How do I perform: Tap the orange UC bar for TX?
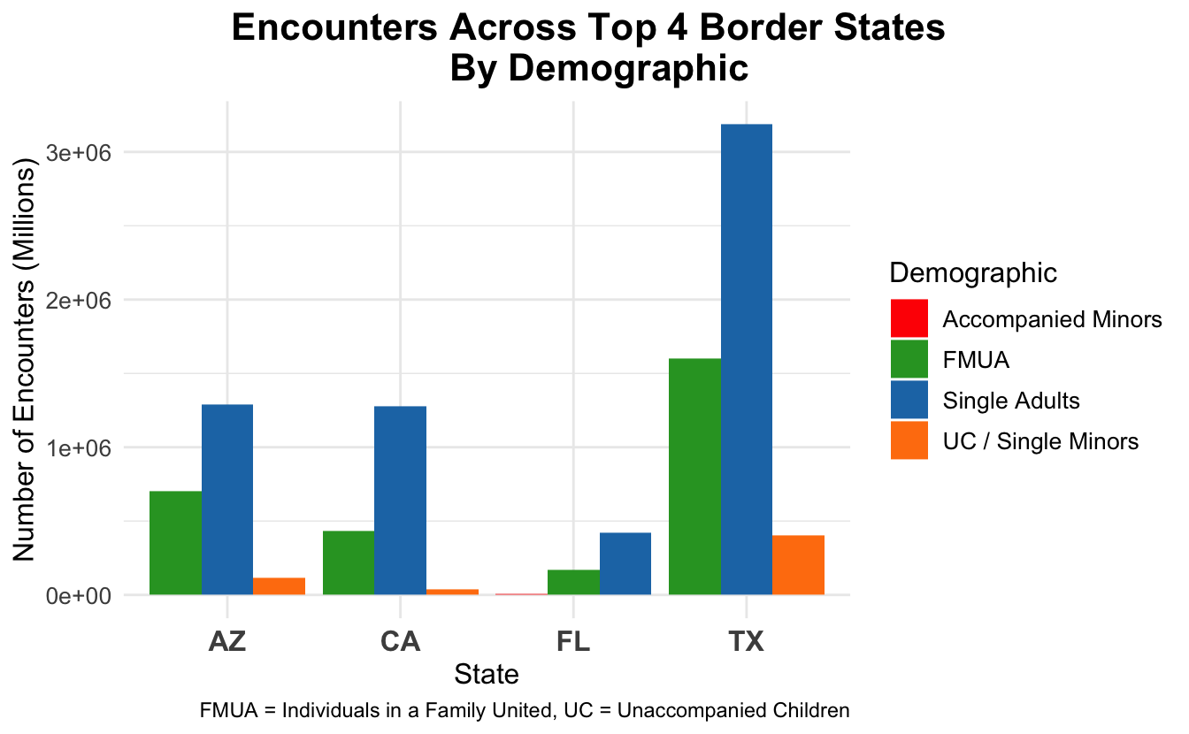pos(799,564)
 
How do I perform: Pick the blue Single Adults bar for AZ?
pos(227,499)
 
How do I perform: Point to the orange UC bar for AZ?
pos(280,585)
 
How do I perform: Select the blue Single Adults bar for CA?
pos(400,500)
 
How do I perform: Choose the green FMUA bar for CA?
pos(349,562)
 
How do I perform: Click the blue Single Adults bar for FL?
pos(625,563)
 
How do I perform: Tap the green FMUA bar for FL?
pos(573,582)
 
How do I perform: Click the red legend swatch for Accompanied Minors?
pos(909,318)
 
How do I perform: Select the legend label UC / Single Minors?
pos(1040,440)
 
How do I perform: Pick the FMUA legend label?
pos(976,360)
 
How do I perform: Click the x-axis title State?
pos(486,675)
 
